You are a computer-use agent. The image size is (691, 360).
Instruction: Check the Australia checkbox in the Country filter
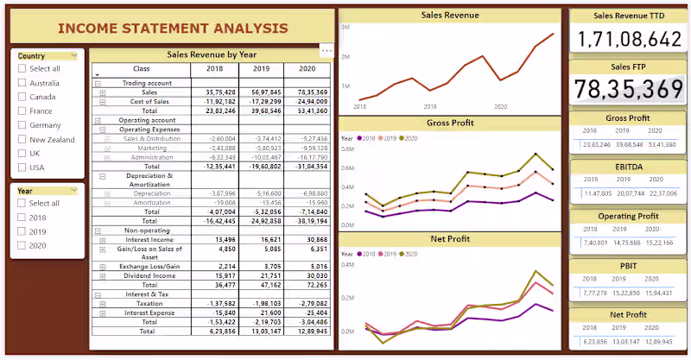click(x=22, y=83)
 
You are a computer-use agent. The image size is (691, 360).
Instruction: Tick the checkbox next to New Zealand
click(x=22, y=139)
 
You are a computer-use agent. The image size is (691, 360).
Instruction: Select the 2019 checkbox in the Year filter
click(x=22, y=231)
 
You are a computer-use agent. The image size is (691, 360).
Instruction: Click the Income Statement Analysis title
click(x=173, y=28)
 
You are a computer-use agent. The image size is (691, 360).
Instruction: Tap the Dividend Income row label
click(x=149, y=275)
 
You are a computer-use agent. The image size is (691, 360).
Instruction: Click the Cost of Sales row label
click(x=149, y=101)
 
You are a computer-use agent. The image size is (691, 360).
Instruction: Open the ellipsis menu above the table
click(x=326, y=51)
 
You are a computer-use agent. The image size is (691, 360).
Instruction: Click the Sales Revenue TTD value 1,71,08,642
click(x=628, y=39)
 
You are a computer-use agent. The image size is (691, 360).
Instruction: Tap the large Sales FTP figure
click(x=628, y=89)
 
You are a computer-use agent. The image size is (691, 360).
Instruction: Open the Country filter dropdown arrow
click(x=73, y=56)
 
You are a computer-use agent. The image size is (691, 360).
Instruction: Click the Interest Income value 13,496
click(x=220, y=239)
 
